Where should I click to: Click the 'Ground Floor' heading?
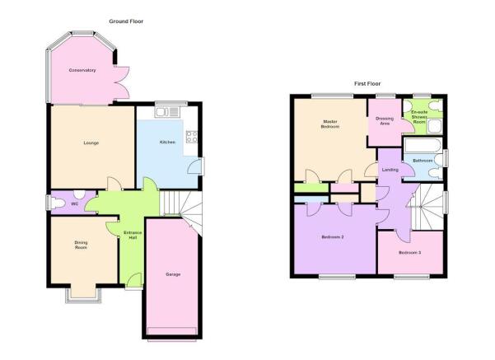pos(126,21)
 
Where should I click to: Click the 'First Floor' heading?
pos(367,84)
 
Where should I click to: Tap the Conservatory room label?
pos(82,70)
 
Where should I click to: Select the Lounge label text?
pos(91,143)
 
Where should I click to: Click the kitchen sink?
pos(167,112)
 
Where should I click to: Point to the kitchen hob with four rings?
pos(192,137)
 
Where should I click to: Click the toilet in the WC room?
pos(58,203)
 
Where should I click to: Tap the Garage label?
pos(173,274)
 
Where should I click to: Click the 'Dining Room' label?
pos(81,245)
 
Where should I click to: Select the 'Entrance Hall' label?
pos(133,235)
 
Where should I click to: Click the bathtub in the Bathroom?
pos(423,146)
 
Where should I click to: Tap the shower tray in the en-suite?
pos(435,126)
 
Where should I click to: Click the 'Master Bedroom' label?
pos(330,124)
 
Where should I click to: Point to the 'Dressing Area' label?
pos(385,121)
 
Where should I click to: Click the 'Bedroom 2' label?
pos(333,237)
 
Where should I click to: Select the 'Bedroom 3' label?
pos(409,253)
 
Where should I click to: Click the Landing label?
pos(390,170)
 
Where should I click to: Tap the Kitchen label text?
pos(167,142)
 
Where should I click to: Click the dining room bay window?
pos(84,296)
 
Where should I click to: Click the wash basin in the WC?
pos(79,194)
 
